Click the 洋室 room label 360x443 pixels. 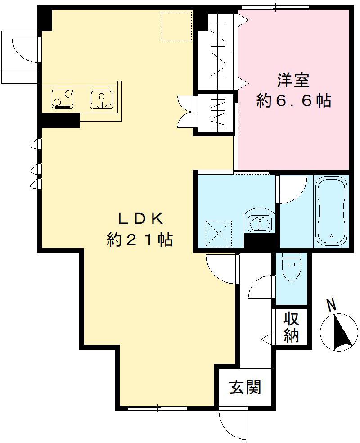[x=293, y=81]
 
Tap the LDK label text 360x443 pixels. [x=140, y=219]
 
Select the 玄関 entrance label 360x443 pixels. [x=246, y=387]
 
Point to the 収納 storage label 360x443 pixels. [x=291, y=327]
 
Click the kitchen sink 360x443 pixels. [x=102, y=99]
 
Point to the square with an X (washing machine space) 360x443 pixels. [x=218, y=233]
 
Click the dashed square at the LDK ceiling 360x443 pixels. [x=176, y=26]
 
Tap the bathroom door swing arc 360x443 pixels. [x=292, y=189]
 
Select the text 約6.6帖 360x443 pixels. [x=293, y=101]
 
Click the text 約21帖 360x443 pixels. [x=140, y=239]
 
